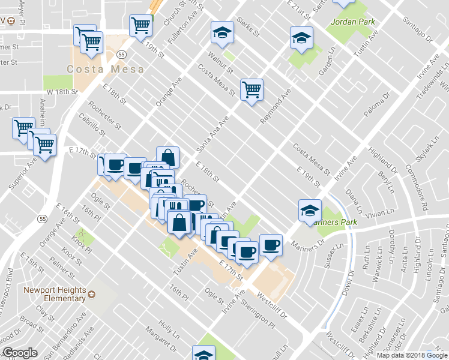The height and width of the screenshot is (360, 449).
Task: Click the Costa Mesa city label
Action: [x=106, y=69]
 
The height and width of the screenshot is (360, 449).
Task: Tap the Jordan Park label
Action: [x=352, y=22]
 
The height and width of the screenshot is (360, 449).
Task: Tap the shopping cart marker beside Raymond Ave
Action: [x=252, y=90]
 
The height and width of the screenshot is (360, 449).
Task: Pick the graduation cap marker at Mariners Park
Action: [x=309, y=210]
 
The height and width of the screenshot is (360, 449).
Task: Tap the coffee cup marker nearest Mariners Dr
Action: [x=271, y=244]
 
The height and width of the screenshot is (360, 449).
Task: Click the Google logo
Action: [x=20, y=353]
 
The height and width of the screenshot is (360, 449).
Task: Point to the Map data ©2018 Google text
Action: [x=411, y=355]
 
